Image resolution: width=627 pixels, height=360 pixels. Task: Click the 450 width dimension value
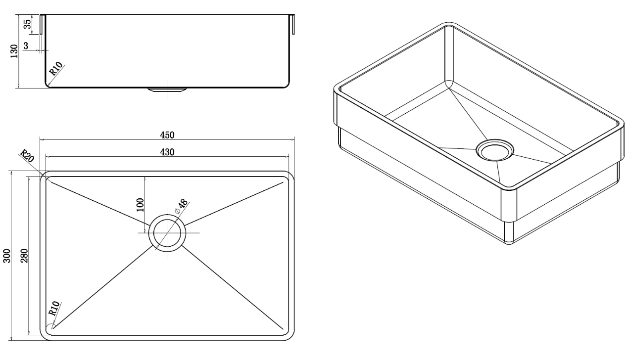click(167, 135)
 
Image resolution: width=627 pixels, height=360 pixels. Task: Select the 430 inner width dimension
click(167, 152)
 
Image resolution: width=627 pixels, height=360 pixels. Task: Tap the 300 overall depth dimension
click(6, 256)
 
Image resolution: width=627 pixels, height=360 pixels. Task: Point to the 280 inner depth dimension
click(24, 255)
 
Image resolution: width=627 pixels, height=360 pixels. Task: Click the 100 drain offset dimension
click(141, 204)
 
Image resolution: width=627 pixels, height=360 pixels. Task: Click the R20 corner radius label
click(27, 156)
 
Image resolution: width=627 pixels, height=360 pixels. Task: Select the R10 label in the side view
click(56, 69)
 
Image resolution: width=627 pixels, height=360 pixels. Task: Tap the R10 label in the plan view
click(54, 308)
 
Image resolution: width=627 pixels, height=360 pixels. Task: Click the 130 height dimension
click(14, 51)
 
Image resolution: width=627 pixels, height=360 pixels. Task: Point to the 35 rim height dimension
click(27, 24)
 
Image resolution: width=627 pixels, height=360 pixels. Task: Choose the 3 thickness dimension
click(26, 45)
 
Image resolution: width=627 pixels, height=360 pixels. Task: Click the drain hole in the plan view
click(167, 232)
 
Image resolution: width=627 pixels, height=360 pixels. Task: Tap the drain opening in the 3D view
click(495, 150)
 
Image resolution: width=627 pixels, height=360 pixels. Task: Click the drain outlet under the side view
click(167, 90)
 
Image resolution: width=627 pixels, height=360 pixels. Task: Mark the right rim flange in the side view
click(293, 24)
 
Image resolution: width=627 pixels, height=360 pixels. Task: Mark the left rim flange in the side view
click(42, 25)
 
